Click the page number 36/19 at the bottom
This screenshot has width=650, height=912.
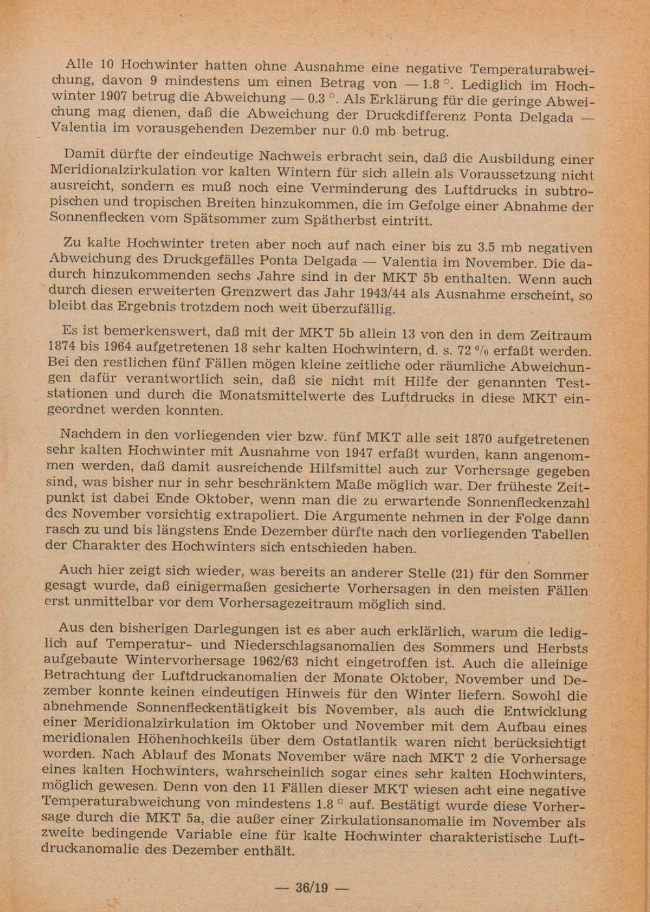pos(312,887)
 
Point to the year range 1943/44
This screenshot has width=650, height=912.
pos(385,294)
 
